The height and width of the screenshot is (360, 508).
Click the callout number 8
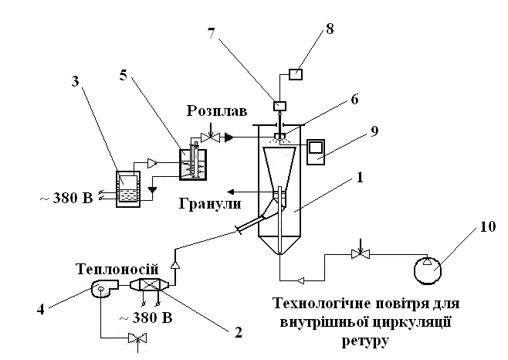pos(330,29)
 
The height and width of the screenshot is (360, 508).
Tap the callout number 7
pos(212,33)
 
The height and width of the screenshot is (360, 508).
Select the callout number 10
pos(488,226)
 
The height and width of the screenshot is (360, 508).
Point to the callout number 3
pos(75,81)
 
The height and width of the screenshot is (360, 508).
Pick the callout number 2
pos(238,331)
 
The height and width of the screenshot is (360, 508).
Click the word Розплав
pos(217,111)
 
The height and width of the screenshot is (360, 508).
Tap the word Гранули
pos(210,204)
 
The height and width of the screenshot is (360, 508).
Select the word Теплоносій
pos(118,270)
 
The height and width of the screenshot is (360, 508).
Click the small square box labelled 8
pos(296,74)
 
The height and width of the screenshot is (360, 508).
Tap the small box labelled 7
pos(280,106)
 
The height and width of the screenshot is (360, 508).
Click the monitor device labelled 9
pos(316,151)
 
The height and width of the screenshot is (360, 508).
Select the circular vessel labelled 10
pos(428,270)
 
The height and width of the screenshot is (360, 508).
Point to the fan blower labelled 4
pos(103,287)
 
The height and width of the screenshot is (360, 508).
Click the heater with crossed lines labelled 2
pos(149,285)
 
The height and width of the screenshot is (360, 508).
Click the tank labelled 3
pos(128,188)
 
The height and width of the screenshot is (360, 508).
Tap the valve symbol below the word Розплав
pos(210,138)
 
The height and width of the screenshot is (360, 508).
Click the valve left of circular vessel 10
pos(361,253)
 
